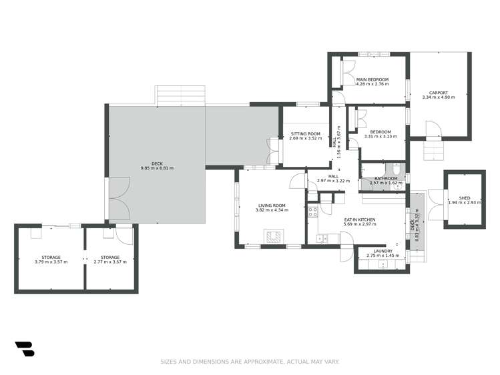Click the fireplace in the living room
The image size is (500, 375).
pyautogui.click(x=273, y=235)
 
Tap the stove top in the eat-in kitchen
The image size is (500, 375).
pyautogui.click(x=312, y=214)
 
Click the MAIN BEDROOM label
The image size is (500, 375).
pyautogui.click(x=372, y=79)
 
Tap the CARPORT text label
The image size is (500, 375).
pyautogui.click(x=439, y=93)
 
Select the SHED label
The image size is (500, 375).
pyautogui.click(x=464, y=198)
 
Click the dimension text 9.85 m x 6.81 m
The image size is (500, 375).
pyautogui.click(x=157, y=168)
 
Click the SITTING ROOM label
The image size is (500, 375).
pyautogui.click(x=305, y=134)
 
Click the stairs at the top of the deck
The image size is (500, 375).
pyautogui.click(x=180, y=95)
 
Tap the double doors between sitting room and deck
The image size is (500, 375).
pyautogui.click(x=272, y=149)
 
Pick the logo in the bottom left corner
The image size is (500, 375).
pyautogui.click(x=24, y=348)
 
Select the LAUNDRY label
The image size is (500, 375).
pyautogui.click(x=383, y=251)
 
